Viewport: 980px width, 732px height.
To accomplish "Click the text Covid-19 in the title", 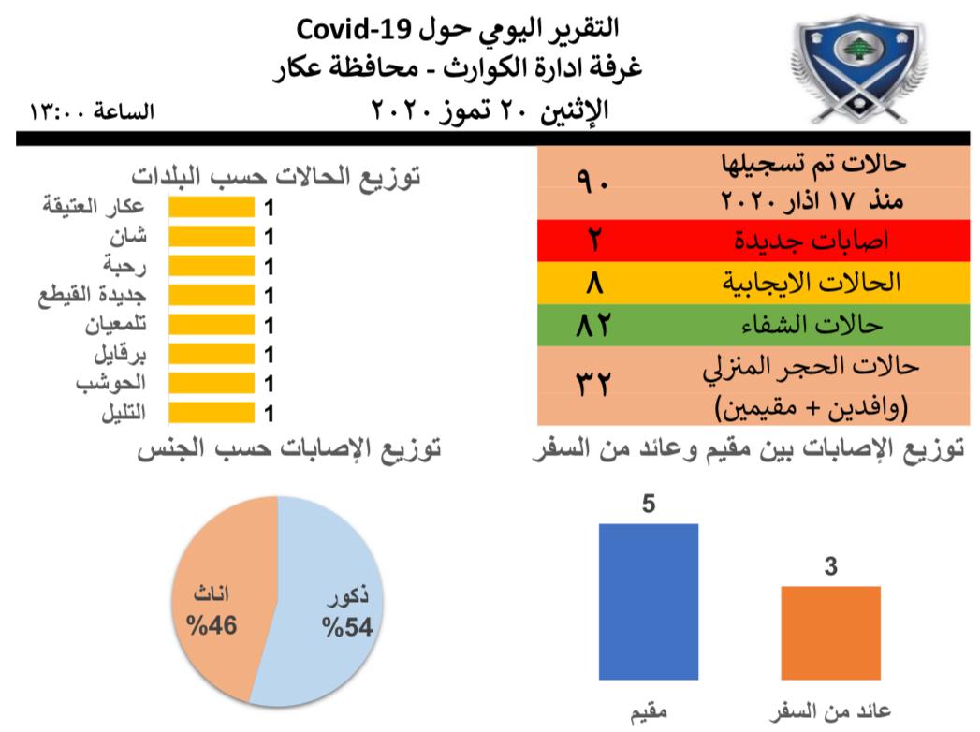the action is point(355,29).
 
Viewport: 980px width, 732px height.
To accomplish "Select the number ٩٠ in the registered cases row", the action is point(592,183).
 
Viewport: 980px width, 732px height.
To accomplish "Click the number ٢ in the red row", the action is point(593,240).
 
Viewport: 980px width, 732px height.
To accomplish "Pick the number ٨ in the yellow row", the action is point(594,283).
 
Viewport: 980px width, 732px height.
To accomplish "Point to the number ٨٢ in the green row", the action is point(593,325).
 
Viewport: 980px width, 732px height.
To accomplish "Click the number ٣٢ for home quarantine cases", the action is point(592,383).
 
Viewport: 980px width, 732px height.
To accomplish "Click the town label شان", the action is point(128,236).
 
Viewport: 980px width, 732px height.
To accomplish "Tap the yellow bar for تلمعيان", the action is point(212,325).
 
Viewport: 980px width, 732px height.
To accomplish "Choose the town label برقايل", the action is point(120,355).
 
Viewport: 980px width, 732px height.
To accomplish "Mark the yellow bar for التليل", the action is point(212,413).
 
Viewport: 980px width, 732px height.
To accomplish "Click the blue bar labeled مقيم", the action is point(649,601).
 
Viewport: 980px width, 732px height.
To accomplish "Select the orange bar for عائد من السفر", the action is point(830,633).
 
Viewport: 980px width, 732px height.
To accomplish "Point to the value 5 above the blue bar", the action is point(649,504).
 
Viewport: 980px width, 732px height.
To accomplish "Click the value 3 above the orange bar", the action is point(830,566).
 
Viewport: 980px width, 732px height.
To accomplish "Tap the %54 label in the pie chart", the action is point(347,627).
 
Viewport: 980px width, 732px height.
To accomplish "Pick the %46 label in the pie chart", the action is point(212,625).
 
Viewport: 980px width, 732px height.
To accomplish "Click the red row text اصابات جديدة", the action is point(812,241).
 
